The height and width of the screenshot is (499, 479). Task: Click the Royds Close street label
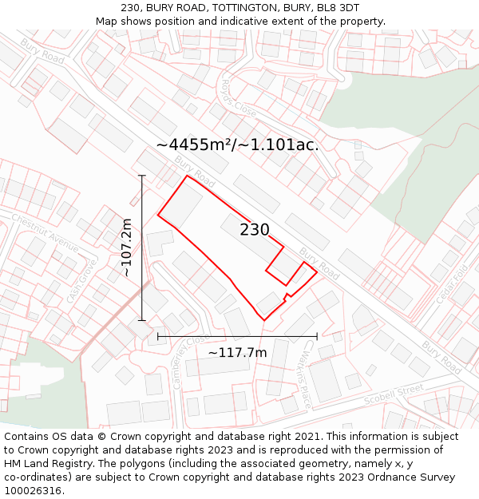click(x=239, y=99)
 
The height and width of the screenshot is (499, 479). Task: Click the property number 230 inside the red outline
click(x=255, y=230)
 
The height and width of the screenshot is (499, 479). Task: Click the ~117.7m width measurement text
click(x=237, y=352)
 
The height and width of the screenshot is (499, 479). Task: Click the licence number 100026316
click(x=34, y=491)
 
